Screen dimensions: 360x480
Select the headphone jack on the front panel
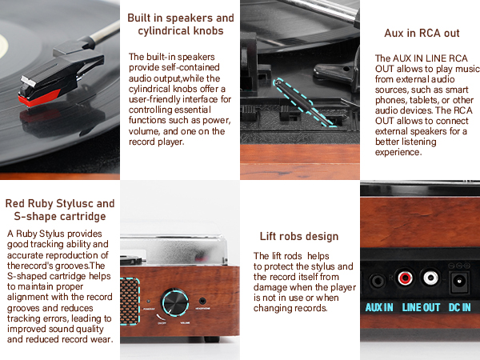click(202, 302)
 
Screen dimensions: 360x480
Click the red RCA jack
click(406, 279)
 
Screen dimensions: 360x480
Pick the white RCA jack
click(431, 279)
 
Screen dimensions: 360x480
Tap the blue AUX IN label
click(379, 307)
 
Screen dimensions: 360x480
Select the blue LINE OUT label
click(421, 307)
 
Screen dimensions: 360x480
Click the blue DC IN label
click(461, 307)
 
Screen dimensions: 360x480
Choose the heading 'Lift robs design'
click(298, 236)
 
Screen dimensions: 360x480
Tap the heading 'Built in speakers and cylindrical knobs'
click(181, 24)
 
